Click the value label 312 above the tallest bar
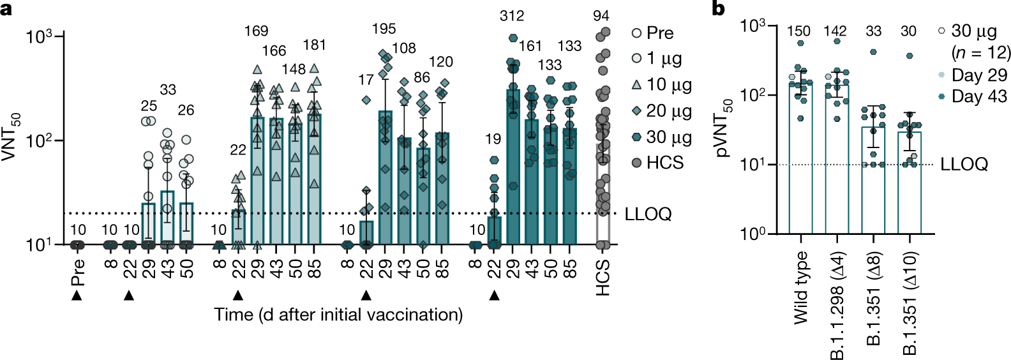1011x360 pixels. tap(512, 16)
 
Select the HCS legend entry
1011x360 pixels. tap(657, 163)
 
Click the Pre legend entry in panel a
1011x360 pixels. tap(652, 33)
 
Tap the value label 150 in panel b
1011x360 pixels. tap(798, 31)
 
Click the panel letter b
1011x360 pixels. tap(719, 8)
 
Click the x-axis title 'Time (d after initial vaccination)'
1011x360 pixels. tap(338, 315)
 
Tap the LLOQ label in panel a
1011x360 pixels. tap(648, 214)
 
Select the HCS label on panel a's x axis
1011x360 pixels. tap(603, 277)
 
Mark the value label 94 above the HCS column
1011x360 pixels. tap(601, 16)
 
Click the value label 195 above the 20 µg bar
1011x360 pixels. tap(384, 29)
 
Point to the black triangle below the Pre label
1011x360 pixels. tap(77, 296)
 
